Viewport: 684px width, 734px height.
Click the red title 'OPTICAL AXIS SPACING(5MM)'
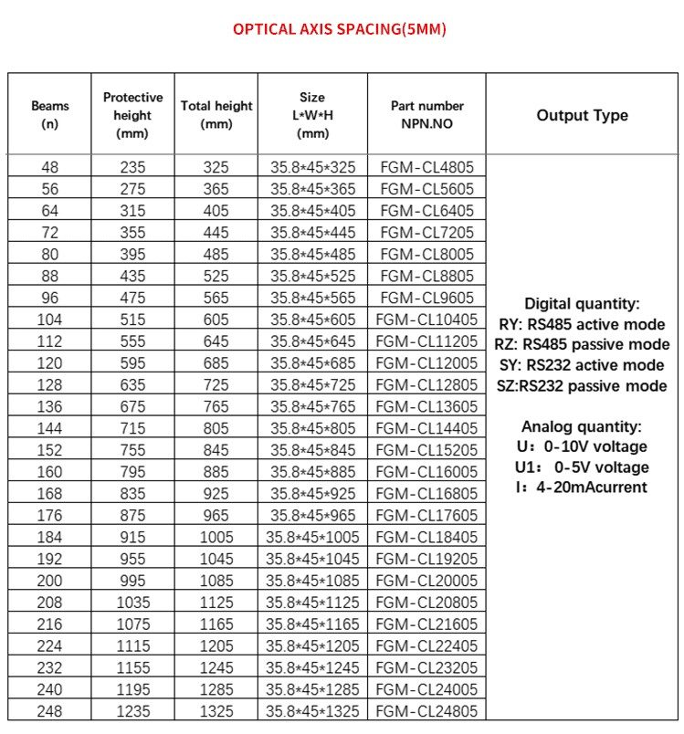click(340, 29)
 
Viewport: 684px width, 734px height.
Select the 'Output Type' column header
click(582, 115)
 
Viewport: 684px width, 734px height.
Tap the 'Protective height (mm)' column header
click(132, 115)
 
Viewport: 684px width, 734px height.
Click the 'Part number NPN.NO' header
click(426, 115)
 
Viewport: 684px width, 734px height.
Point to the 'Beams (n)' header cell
click(49, 115)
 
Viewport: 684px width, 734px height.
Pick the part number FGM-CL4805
click(426, 167)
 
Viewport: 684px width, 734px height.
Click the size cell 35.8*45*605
click(312, 320)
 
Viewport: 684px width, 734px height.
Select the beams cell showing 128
click(49, 384)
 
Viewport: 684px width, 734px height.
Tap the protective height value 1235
click(132, 711)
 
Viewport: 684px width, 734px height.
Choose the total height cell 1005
click(216, 537)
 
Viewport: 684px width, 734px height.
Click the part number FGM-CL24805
click(426, 711)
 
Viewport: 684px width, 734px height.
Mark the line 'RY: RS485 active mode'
click(582, 324)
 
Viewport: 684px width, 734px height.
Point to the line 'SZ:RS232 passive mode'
click(582, 386)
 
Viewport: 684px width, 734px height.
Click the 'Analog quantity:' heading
click(582, 426)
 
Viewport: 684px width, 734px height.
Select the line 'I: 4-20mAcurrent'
click(582, 488)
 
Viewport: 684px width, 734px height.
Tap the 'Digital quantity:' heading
click(582, 304)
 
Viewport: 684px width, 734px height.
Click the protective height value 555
click(132, 341)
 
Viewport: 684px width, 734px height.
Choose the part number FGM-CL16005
click(426, 472)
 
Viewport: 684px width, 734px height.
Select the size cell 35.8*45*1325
click(312, 711)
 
